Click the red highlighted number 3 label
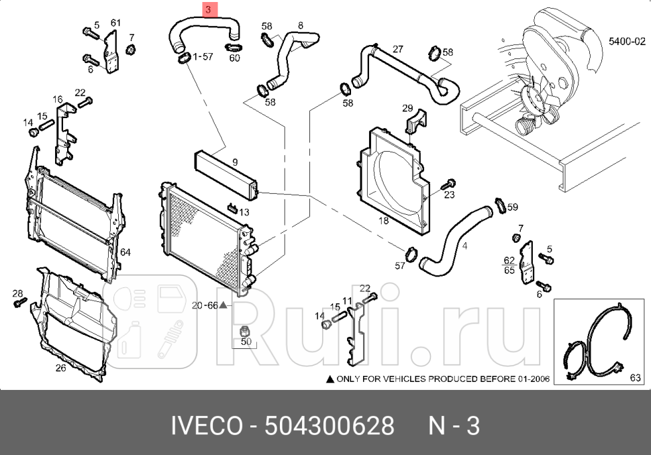pyautogui.click(x=208, y=10)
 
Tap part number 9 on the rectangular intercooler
pyautogui.click(x=235, y=162)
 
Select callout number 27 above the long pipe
pyautogui.click(x=397, y=49)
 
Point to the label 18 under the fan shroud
pyautogui.click(x=383, y=220)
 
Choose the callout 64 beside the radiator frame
pyautogui.click(x=125, y=252)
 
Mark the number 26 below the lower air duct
pyautogui.click(x=60, y=367)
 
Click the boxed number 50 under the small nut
pyautogui.click(x=246, y=342)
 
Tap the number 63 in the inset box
pyautogui.click(x=635, y=378)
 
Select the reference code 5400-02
pyautogui.click(x=625, y=42)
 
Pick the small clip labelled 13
pyautogui.click(x=232, y=207)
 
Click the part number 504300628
pyautogui.click(x=330, y=425)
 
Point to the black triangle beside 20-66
pyautogui.click(x=223, y=305)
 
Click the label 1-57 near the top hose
pyautogui.click(x=203, y=58)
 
